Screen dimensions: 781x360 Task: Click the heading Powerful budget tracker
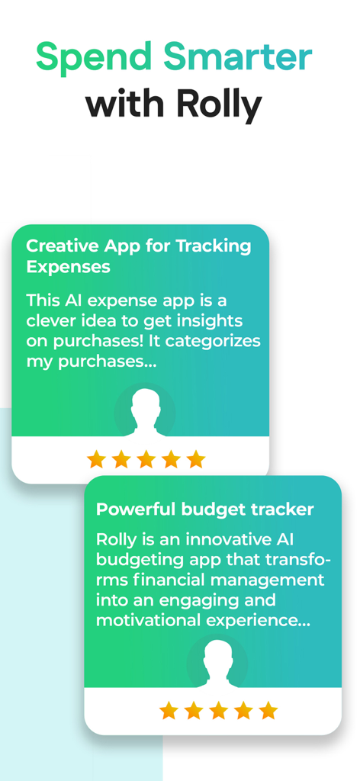coord(204,509)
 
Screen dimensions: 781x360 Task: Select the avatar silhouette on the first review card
coord(145,413)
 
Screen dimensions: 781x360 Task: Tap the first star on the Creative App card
coord(96,459)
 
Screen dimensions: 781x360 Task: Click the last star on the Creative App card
coord(196,459)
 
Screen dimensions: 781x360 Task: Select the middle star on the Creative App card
coord(146,459)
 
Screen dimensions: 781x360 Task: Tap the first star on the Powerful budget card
coord(169,711)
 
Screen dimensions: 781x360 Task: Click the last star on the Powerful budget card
coord(268,711)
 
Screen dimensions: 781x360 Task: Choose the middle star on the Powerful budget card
coord(219,711)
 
